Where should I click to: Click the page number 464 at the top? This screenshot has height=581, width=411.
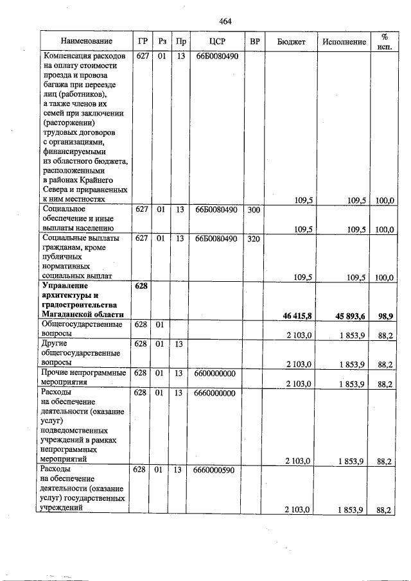click(225, 21)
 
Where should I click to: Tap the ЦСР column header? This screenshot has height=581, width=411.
click(216, 42)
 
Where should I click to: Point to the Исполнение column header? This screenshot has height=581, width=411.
click(344, 42)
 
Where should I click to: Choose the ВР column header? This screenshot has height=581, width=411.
click(255, 42)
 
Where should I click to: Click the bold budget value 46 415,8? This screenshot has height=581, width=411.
click(297, 315)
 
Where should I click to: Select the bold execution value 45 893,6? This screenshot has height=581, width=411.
click(351, 315)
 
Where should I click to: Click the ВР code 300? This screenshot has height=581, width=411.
click(254, 209)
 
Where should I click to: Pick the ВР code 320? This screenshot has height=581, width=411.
click(254, 238)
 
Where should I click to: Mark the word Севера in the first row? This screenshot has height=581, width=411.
click(56, 190)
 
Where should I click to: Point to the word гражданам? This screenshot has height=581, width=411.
click(63, 248)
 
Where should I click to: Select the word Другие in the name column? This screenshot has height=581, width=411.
click(55, 343)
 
